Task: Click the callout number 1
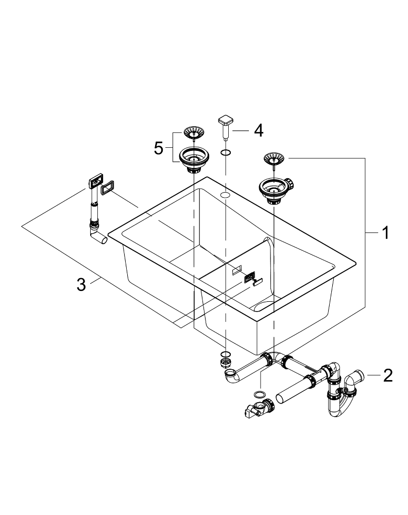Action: click(x=384, y=233)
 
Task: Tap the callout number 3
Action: click(x=81, y=284)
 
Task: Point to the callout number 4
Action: click(x=257, y=130)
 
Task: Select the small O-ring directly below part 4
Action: click(x=226, y=152)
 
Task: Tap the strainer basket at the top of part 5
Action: click(x=193, y=132)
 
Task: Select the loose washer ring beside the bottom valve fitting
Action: click(x=260, y=394)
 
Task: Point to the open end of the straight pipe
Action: click(x=281, y=398)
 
